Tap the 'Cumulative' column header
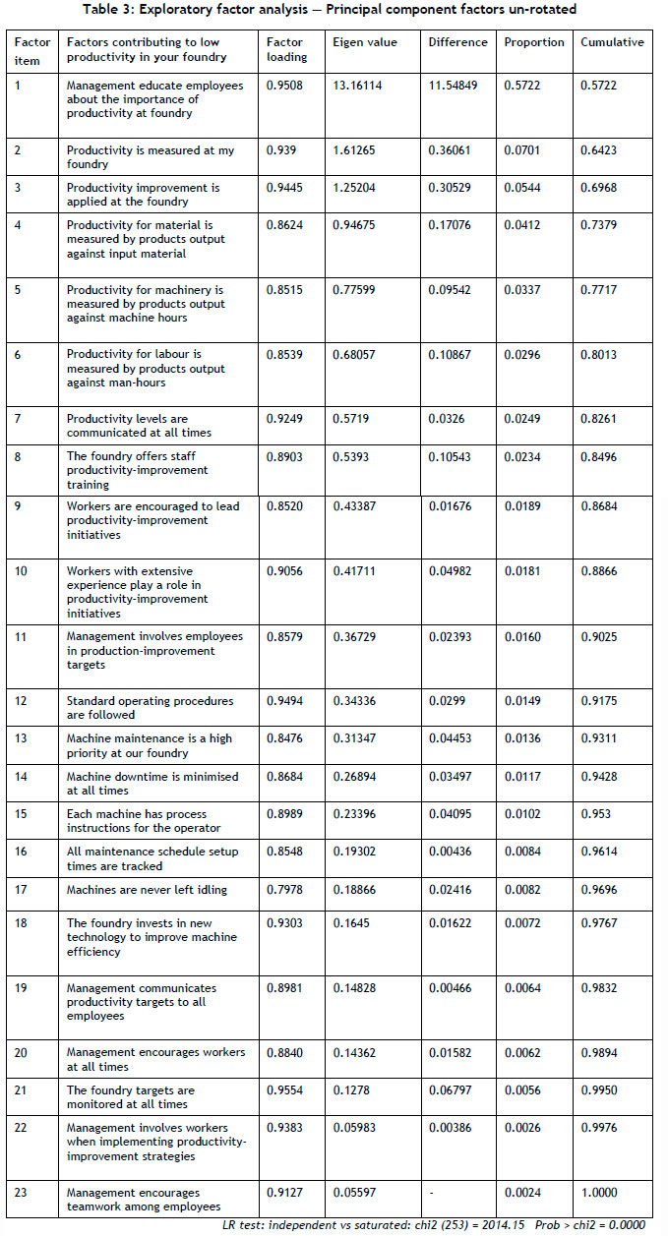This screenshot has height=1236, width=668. (x=612, y=43)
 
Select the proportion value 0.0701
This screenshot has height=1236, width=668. (x=520, y=151)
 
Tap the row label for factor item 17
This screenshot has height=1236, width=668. (x=21, y=890)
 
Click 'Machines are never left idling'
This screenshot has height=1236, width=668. (x=147, y=890)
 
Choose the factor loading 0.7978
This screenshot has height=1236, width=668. (x=286, y=890)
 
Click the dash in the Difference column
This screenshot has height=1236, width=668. (x=431, y=1193)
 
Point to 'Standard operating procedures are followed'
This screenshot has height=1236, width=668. (x=150, y=708)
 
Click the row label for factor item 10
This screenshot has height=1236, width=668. (x=22, y=571)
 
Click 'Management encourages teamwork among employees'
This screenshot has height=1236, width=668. (x=155, y=1200)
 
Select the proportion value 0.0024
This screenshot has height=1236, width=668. (x=520, y=1193)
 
